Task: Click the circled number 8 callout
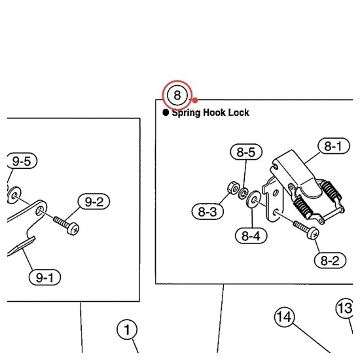click(x=177, y=95)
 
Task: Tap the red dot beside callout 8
click(x=195, y=100)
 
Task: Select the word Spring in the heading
click(x=186, y=113)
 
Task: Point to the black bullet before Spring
click(x=166, y=113)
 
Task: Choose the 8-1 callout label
click(x=334, y=146)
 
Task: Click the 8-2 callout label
click(x=330, y=261)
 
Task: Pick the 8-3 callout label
click(x=207, y=211)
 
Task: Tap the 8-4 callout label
click(x=251, y=236)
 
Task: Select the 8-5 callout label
click(x=246, y=152)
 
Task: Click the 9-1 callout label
click(x=45, y=278)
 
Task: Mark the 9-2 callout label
click(x=94, y=202)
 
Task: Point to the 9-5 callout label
click(x=21, y=161)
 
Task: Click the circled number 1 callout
click(x=127, y=330)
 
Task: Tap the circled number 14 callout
click(x=285, y=317)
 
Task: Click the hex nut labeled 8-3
click(x=234, y=188)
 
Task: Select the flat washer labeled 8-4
click(x=252, y=200)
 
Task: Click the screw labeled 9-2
click(x=66, y=225)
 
